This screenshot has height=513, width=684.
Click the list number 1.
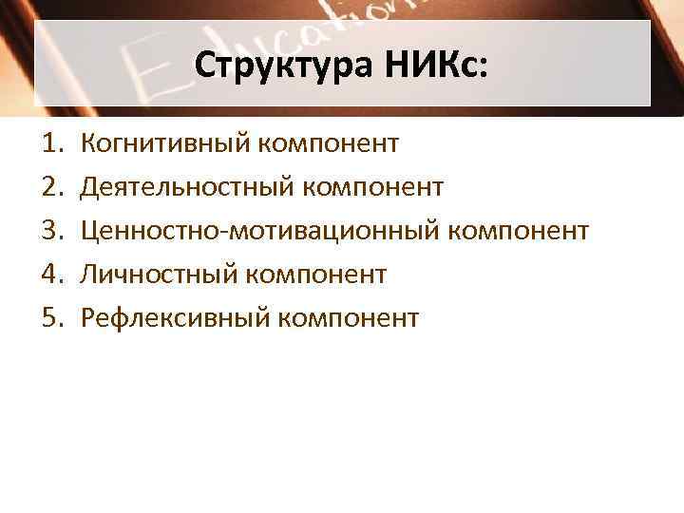click(50, 144)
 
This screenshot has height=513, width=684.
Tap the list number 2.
click(50, 187)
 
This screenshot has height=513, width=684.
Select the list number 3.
click(50, 231)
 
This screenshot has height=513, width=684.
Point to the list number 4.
click(50, 275)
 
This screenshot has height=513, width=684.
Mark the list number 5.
click(50, 317)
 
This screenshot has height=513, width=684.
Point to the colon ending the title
click(485, 69)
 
